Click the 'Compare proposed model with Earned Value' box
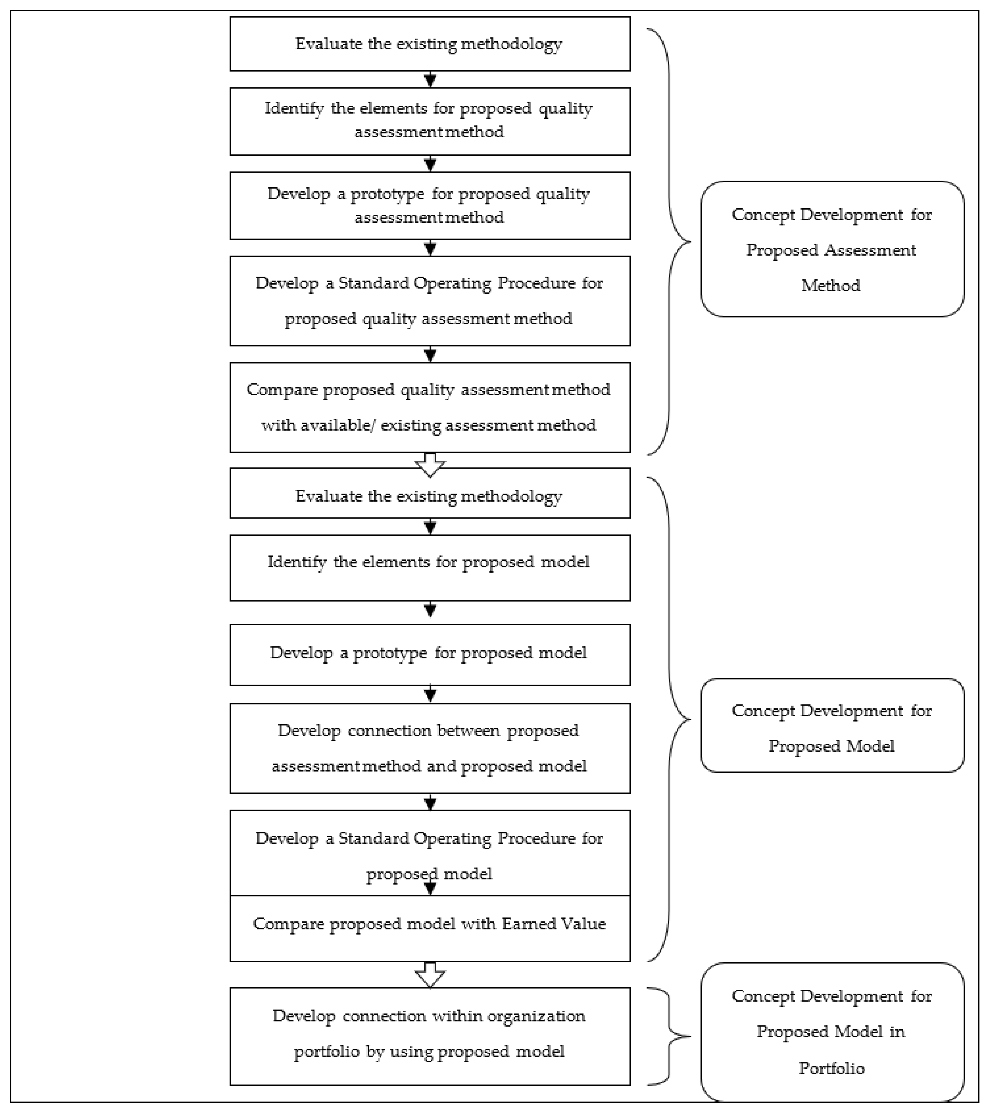tap(430, 928)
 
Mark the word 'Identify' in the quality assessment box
tap(294, 108)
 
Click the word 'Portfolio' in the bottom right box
tap(831, 1068)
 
